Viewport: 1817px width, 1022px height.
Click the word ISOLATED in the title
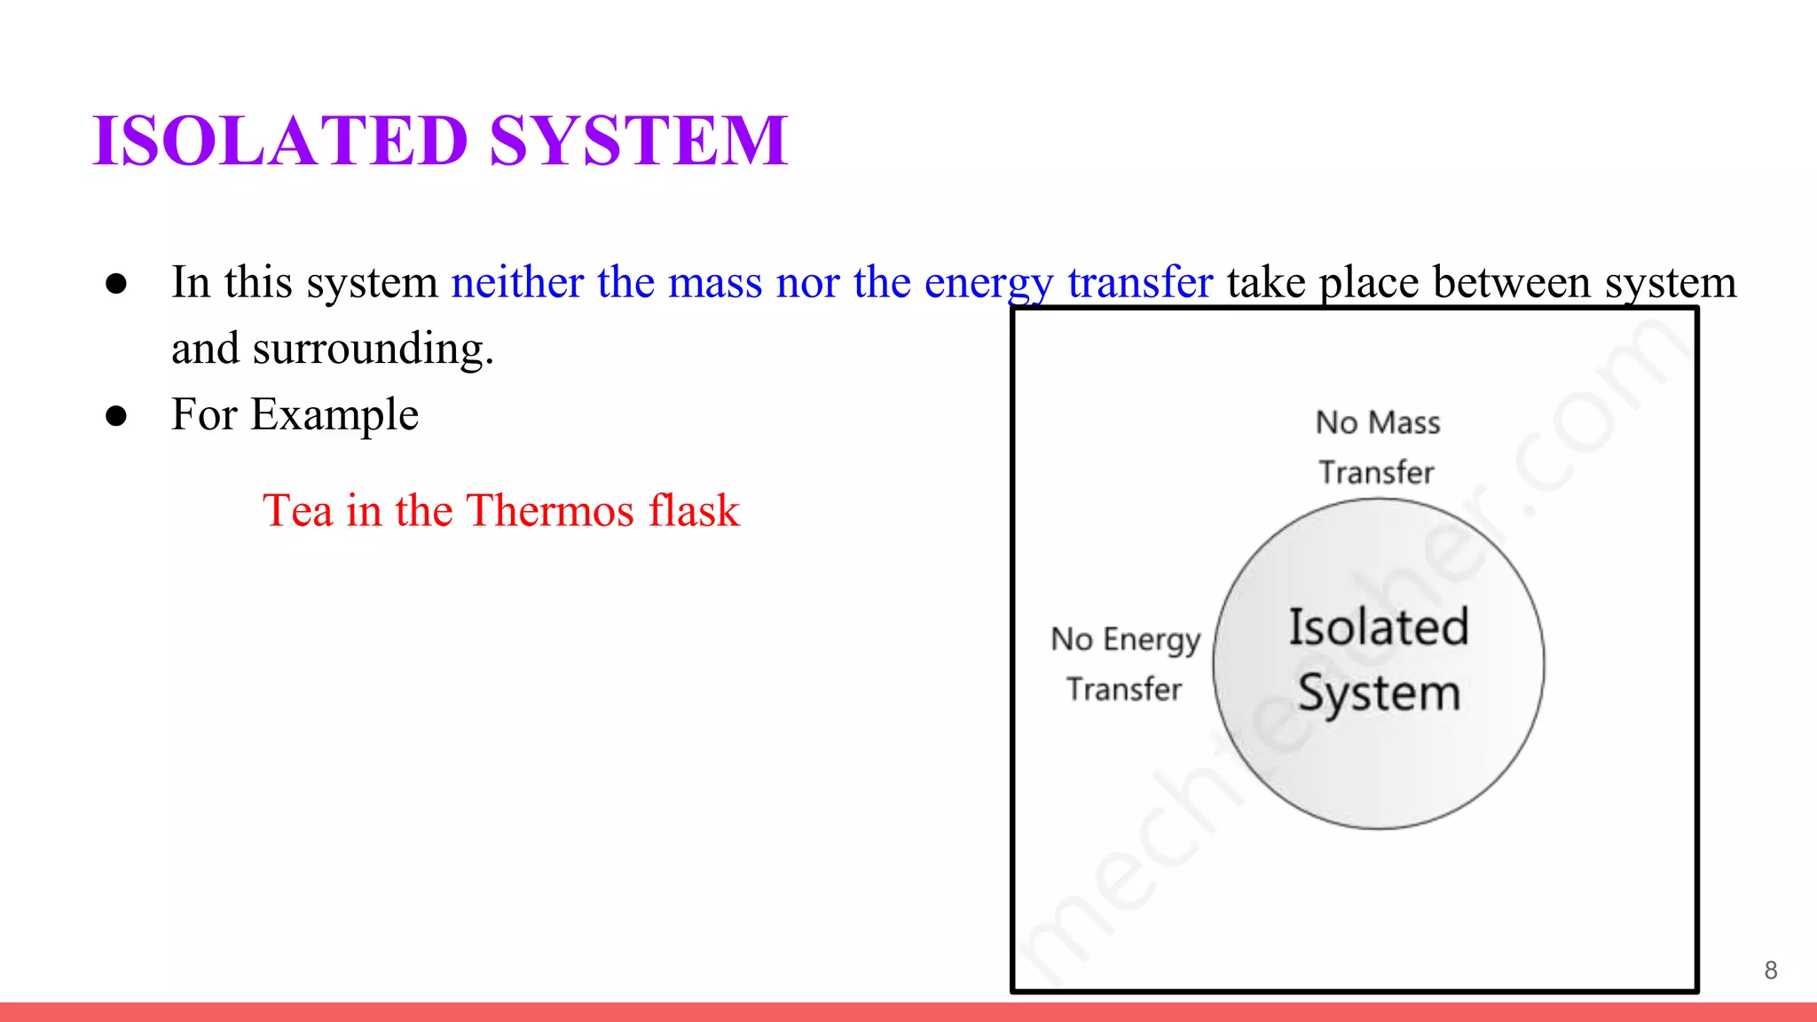280,140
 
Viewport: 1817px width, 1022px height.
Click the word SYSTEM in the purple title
638,140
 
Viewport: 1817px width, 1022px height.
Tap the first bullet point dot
116,284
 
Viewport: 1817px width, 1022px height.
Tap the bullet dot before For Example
116,415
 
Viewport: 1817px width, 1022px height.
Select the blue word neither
517,283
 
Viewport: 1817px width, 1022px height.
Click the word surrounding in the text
373,350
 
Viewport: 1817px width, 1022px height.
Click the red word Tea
297,511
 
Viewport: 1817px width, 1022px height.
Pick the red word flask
694,511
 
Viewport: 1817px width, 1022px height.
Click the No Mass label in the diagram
1377,423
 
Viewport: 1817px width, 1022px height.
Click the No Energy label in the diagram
1125,640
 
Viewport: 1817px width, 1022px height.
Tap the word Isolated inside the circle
1379,627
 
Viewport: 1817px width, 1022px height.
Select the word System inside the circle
1379,694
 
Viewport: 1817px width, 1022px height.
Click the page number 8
1770,971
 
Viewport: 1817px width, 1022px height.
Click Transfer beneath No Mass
1376,473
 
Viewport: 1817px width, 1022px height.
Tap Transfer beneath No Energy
1124,689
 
